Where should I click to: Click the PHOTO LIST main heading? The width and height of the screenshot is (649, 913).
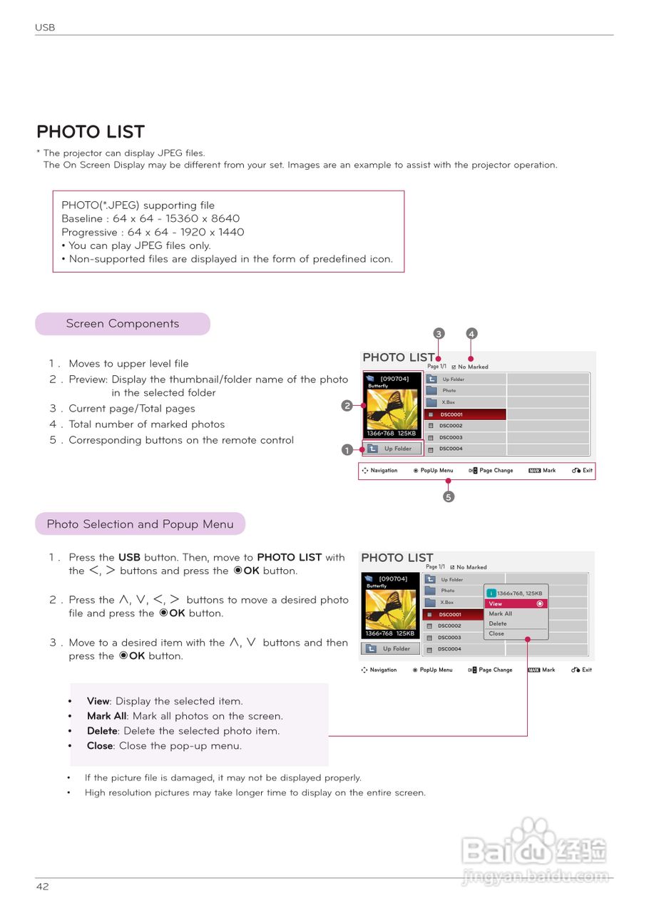click(x=91, y=132)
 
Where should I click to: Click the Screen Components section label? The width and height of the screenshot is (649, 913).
click(x=123, y=324)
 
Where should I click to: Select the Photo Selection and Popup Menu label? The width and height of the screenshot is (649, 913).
click(x=140, y=524)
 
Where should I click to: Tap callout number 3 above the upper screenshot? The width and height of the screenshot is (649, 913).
click(x=439, y=333)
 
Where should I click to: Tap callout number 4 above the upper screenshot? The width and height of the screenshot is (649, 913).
click(x=471, y=333)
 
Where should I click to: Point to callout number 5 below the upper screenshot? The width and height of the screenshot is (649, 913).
click(x=449, y=497)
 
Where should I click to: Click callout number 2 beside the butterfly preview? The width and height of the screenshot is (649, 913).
click(x=347, y=406)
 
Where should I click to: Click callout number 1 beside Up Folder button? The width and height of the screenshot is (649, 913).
click(x=347, y=450)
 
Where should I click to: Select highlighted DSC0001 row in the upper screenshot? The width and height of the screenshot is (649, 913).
click(x=465, y=414)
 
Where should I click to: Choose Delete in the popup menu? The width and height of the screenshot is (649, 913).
click(x=498, y=623)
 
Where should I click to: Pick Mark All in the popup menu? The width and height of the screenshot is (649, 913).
click(x=500, y=613)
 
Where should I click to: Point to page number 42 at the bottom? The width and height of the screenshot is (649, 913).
click(x=43, y=887)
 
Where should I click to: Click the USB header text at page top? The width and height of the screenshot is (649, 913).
click(x=45, y=28)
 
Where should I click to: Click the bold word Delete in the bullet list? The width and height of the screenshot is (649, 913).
click(x=102, y=731)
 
